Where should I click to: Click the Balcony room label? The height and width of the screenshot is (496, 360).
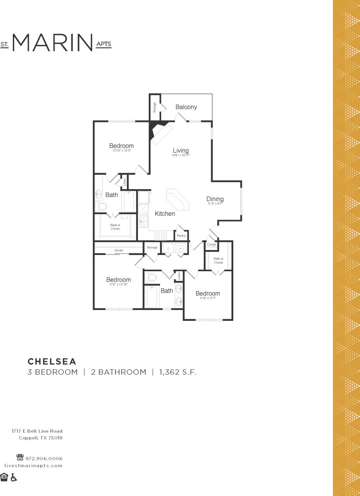[186, 107]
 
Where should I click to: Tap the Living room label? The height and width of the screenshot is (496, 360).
[181, 150]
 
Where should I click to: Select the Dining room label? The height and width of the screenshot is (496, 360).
[215, 199]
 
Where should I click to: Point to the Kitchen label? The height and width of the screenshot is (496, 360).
[165, 214]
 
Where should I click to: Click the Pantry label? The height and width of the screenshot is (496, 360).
[181, 236]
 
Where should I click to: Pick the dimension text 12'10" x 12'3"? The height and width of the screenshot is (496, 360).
[121, 151]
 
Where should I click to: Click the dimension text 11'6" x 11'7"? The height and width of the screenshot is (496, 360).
[207, 298]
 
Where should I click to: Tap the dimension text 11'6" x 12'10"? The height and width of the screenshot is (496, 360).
[118, 284]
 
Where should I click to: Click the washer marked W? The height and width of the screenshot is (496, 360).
[180, 248]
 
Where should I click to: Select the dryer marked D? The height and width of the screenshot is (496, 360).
[168, 248]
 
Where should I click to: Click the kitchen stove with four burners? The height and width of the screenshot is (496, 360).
[160, 235]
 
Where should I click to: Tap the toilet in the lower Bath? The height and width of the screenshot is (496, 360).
[151, 277]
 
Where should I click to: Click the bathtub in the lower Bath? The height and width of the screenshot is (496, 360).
[152, 297]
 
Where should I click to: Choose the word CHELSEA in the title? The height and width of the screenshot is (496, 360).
[52, 361]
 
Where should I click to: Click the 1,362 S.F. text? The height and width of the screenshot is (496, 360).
[177, 372]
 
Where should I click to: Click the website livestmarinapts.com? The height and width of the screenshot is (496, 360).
[33, 465]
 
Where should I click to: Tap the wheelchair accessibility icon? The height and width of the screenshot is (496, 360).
[14, 477]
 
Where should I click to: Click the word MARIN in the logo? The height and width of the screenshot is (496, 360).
[53, 43]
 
